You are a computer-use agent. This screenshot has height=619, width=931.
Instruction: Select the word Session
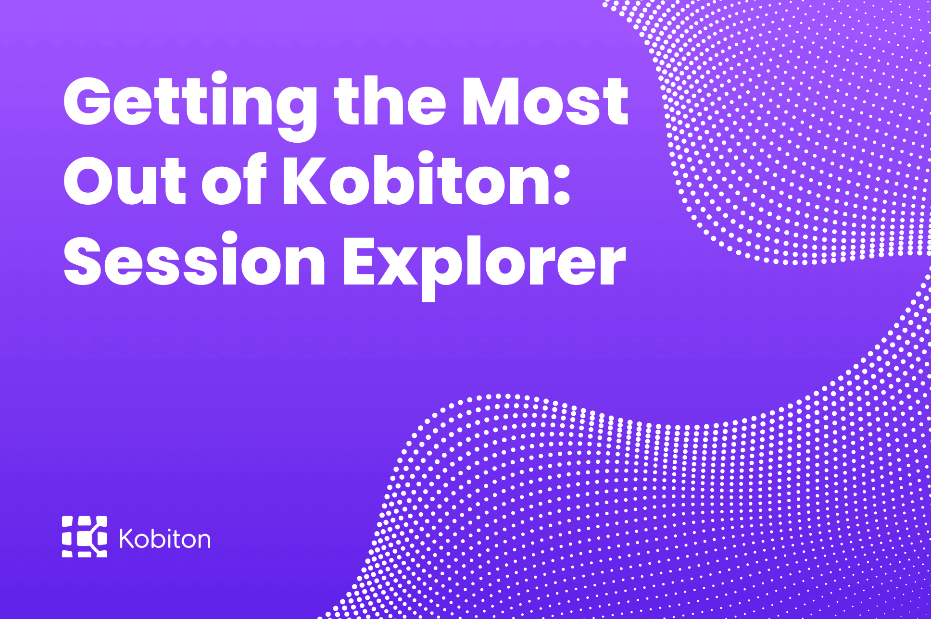195,262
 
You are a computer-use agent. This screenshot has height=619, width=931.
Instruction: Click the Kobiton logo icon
85,537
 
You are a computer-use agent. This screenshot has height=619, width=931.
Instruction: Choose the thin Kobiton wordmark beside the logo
164,539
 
